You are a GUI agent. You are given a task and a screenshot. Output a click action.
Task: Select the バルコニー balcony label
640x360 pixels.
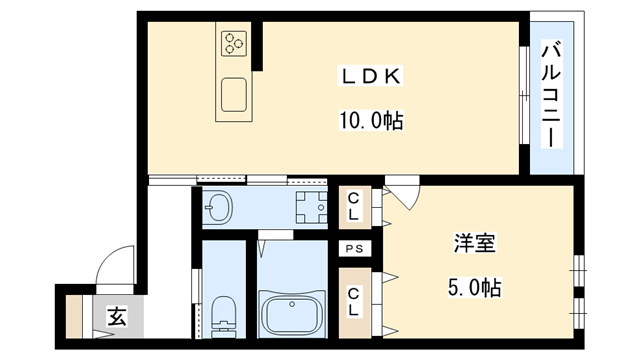pos(550,92)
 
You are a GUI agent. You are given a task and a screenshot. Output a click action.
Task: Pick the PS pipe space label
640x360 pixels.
pos(353,249)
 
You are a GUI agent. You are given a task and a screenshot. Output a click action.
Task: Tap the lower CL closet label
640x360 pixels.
pos(353,300)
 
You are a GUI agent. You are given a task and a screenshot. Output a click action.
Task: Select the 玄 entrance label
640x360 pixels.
pos(116,319)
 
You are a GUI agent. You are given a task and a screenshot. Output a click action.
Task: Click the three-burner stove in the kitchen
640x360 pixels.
pos(235,42)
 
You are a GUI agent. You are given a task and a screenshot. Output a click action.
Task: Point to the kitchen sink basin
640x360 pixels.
pos(236,96)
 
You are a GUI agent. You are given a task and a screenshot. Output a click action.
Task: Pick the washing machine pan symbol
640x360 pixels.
pos(309,208)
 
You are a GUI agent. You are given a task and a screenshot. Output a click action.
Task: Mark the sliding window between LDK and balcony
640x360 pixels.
pos(524,96)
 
